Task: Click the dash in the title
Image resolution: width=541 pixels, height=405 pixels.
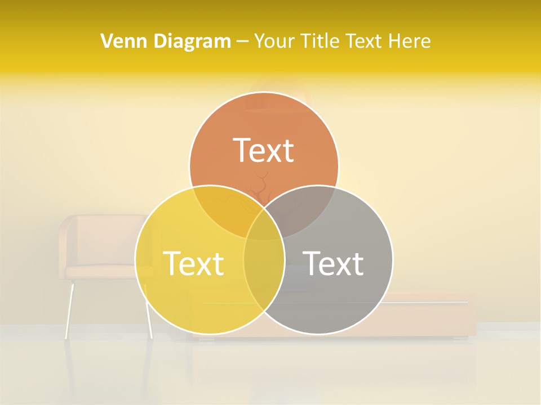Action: [x=242, y=42]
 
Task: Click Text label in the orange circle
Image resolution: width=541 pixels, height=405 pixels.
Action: [x=264, y=150]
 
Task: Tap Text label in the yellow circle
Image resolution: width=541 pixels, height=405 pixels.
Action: [x=193, y=263]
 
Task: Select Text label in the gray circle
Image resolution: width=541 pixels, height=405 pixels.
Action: [x=333, y=263]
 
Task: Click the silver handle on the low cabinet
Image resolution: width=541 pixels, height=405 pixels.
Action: [x=428, y=303]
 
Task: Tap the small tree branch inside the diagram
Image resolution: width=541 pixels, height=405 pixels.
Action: [x=261, y=188]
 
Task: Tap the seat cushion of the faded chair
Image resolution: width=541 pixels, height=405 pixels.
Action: [x=101, y=272]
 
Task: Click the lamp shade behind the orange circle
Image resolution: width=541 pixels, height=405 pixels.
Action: [x=276, y=96]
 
